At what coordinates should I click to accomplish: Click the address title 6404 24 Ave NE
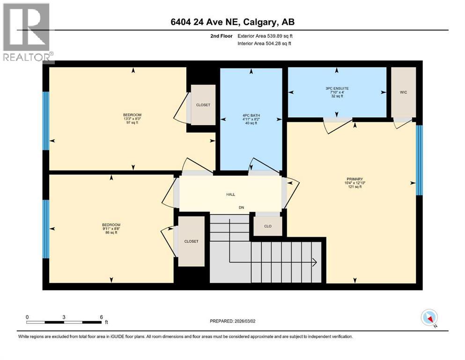pos(232,22)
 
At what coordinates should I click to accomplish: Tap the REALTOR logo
pos(27,33)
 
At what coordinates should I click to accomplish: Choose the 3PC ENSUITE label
pos(336,88)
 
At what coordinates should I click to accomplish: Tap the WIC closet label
pos(404,92)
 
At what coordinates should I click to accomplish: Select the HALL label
pos(230,194)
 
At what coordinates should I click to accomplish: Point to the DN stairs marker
pos(242,207)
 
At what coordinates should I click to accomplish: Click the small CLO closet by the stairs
pos(268,226)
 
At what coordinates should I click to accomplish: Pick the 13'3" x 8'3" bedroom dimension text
pos(132,119)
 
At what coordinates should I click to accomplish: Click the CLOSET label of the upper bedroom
pos(203,105)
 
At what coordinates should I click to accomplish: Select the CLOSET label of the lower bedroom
pos(191,241)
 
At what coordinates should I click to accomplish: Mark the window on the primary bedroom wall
pos(420,160)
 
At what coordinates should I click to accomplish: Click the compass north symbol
pos(429,318)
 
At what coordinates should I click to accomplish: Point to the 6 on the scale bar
pos(101,317)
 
